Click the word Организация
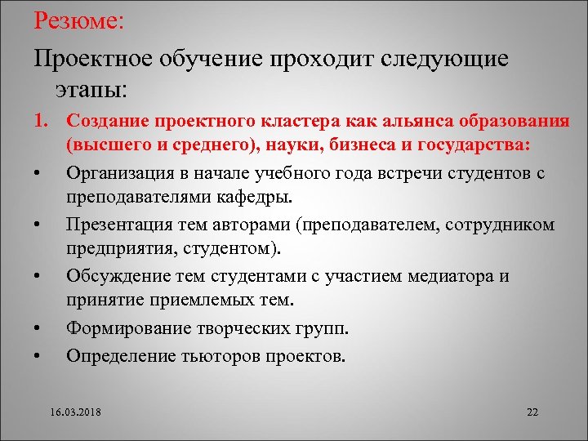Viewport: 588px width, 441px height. (x=119, y=173)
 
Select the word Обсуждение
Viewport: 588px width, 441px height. (x=116, y=275)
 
